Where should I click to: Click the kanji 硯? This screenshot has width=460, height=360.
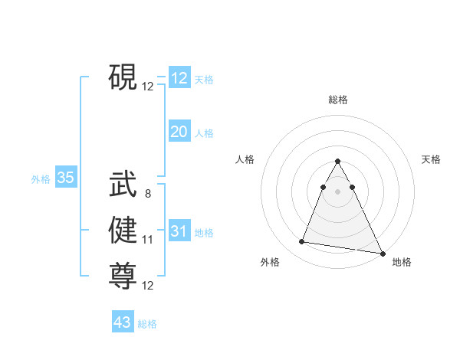pos(123,77)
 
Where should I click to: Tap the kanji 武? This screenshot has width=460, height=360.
pos(123,185)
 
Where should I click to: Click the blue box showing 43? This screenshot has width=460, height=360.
pos(123,322)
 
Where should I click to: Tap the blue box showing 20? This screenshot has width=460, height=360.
pos(179,132)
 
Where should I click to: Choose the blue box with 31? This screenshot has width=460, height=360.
pos(179,231)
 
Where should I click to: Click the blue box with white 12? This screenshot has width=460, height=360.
pos(179,78)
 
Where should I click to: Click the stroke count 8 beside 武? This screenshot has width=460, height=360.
pos(148,194)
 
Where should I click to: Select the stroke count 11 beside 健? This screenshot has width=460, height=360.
pos(148,240)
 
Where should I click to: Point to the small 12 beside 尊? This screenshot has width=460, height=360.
pos(148,286)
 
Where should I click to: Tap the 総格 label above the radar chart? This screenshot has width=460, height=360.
pos(338,100)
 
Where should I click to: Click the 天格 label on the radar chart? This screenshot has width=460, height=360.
pos(431,159)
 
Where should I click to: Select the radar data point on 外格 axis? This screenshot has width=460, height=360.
pos(302,242)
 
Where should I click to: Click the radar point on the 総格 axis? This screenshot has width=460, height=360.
pos(338,161)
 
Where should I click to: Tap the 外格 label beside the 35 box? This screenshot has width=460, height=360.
pos(41,179)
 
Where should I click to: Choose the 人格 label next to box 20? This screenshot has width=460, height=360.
pos(204,133)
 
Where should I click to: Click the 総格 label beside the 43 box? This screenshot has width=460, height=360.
pos(147,324)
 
